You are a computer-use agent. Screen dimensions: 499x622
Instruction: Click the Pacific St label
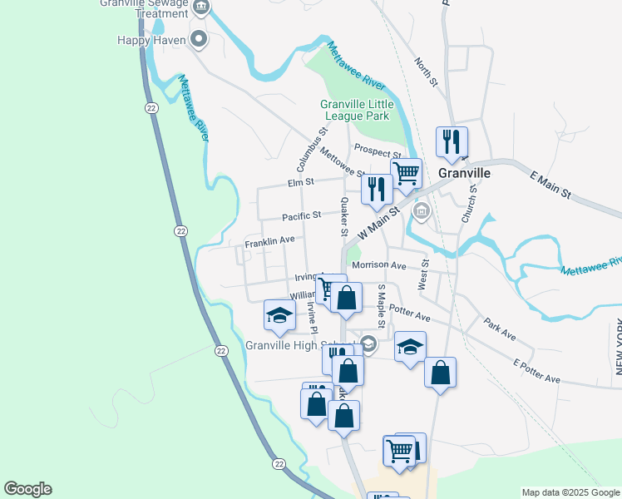pyautogui.click(x=301, y=216)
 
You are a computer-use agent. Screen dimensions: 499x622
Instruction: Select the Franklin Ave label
pyautogui.click(x=269, y=241)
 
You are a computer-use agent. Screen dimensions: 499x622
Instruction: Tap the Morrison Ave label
pyautogui.click(x=378, y=265)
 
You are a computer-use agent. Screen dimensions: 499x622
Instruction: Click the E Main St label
pyautogui.click(x=550, y=184)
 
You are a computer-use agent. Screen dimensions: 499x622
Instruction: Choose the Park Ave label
pyautogui.click(x=499, y=329)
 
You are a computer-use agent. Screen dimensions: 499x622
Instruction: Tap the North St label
pyautogui.click(x=427, y=72)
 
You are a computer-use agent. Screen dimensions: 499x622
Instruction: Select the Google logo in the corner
pyautogui.click(x=27, y=489)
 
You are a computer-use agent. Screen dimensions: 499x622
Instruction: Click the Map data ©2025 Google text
pyautogui.click(x=570, y=492)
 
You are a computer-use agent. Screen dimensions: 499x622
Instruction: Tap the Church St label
pyautogui.click(x=468, y=204)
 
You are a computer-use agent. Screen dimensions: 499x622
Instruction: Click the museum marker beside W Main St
pyautogui.click(x=422, y=213)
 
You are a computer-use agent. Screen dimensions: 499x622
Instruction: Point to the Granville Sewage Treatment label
pyautogui.click(x=144, y=8)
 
